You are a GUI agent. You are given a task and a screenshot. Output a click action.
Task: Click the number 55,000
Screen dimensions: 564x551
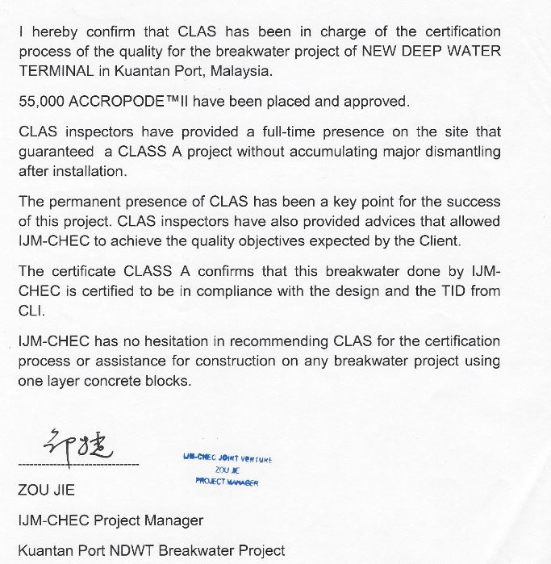pos(43,102)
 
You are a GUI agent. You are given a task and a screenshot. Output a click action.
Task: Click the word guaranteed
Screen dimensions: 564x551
pos(57,151)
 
